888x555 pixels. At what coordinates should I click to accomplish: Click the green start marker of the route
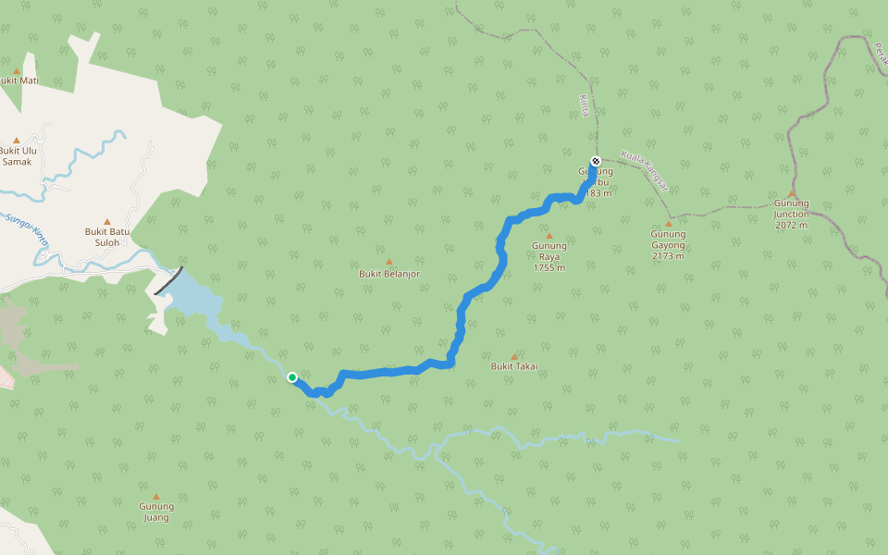292,376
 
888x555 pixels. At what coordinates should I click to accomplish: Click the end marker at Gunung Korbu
596,161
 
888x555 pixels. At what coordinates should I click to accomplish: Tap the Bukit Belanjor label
389,274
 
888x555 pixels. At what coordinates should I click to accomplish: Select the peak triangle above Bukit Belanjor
389,262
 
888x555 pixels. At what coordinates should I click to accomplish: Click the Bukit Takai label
514,366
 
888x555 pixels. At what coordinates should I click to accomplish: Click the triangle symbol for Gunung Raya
549,236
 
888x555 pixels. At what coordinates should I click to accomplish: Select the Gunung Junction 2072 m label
791,214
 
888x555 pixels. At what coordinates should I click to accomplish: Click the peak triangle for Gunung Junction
792,193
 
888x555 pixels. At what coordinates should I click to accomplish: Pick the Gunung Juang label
156,512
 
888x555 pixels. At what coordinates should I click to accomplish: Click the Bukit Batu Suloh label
107,237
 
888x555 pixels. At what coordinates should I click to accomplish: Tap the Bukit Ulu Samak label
17,155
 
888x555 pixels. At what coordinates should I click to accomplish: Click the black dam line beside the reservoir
167,281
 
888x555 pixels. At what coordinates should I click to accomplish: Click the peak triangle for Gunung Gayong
669,224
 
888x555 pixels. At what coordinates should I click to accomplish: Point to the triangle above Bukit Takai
514,356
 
